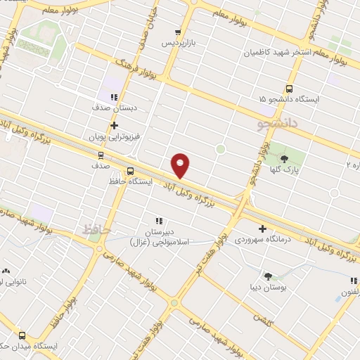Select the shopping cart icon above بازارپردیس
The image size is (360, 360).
[178, 32]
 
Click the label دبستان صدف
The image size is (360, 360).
[112, 108]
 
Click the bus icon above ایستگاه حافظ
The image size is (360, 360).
[130, 171]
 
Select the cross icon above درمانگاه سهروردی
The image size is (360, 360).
[262, 229]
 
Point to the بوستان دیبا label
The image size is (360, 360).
[268, 287]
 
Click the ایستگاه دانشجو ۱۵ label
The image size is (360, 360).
[288, 99]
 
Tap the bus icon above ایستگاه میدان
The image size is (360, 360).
[22, 335]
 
